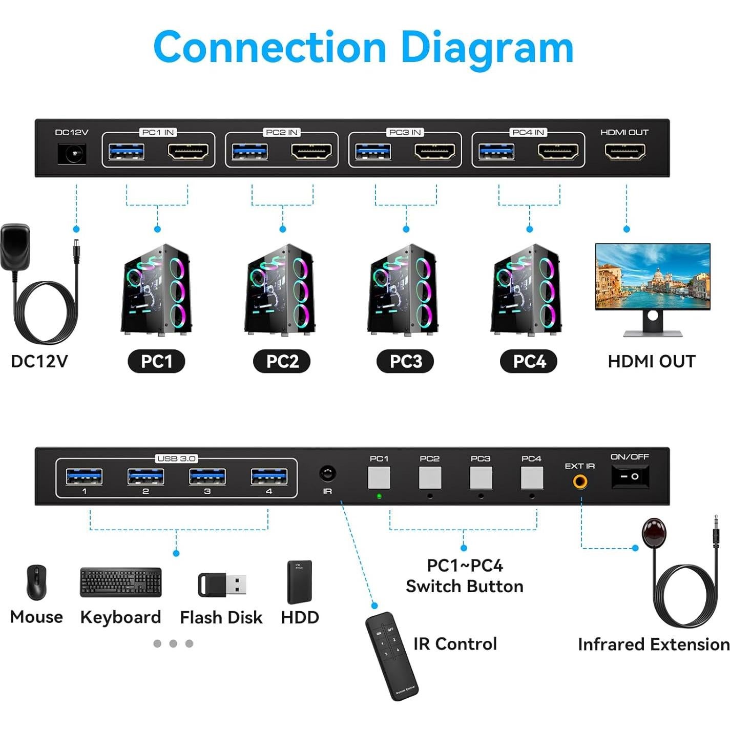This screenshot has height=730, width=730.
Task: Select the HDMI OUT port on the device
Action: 625,152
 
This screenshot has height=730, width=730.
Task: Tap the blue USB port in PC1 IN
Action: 127,152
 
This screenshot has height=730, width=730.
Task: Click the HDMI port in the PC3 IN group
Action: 435,152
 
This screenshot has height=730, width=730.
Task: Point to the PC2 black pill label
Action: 282,361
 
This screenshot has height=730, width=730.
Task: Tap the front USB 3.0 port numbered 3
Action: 207,476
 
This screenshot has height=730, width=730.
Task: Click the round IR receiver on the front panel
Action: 327,473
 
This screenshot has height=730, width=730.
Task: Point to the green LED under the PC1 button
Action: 379,496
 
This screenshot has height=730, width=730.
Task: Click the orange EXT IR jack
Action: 580,482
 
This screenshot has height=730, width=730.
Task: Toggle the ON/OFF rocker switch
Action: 630,476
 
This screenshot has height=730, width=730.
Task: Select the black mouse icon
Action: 36,582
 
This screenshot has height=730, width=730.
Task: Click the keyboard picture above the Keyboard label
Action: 121,582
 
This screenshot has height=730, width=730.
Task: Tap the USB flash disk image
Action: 222,585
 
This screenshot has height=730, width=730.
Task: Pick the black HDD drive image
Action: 300,582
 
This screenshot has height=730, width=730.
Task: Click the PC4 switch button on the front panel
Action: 532,477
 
